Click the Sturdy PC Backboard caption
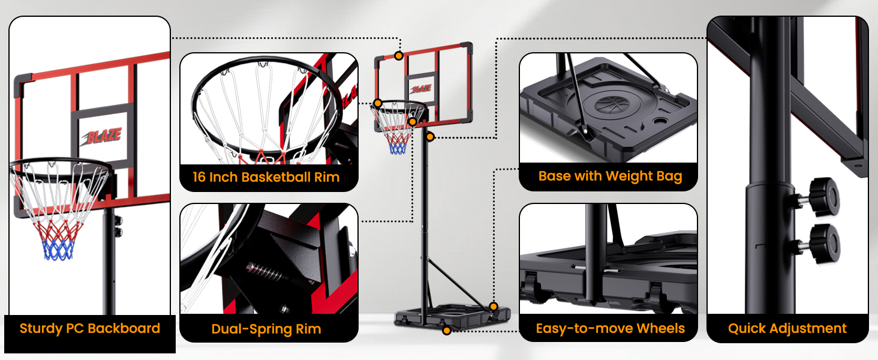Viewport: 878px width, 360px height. (x=90, y=329)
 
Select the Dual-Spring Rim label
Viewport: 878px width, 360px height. (x=266, y=329)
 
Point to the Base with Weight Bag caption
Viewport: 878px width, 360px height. (x=610, y=176)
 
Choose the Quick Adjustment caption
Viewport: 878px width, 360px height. (x=787, y=329)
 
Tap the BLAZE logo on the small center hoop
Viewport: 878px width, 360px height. (x=421, y=89)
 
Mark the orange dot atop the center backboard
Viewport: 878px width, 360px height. (x=399, y=56)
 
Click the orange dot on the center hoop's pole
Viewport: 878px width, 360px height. (x=429, y=137)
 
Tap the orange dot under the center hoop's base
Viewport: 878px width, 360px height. (x=446, y=331)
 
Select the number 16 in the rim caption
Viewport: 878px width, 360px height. (x=200, y=177)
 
